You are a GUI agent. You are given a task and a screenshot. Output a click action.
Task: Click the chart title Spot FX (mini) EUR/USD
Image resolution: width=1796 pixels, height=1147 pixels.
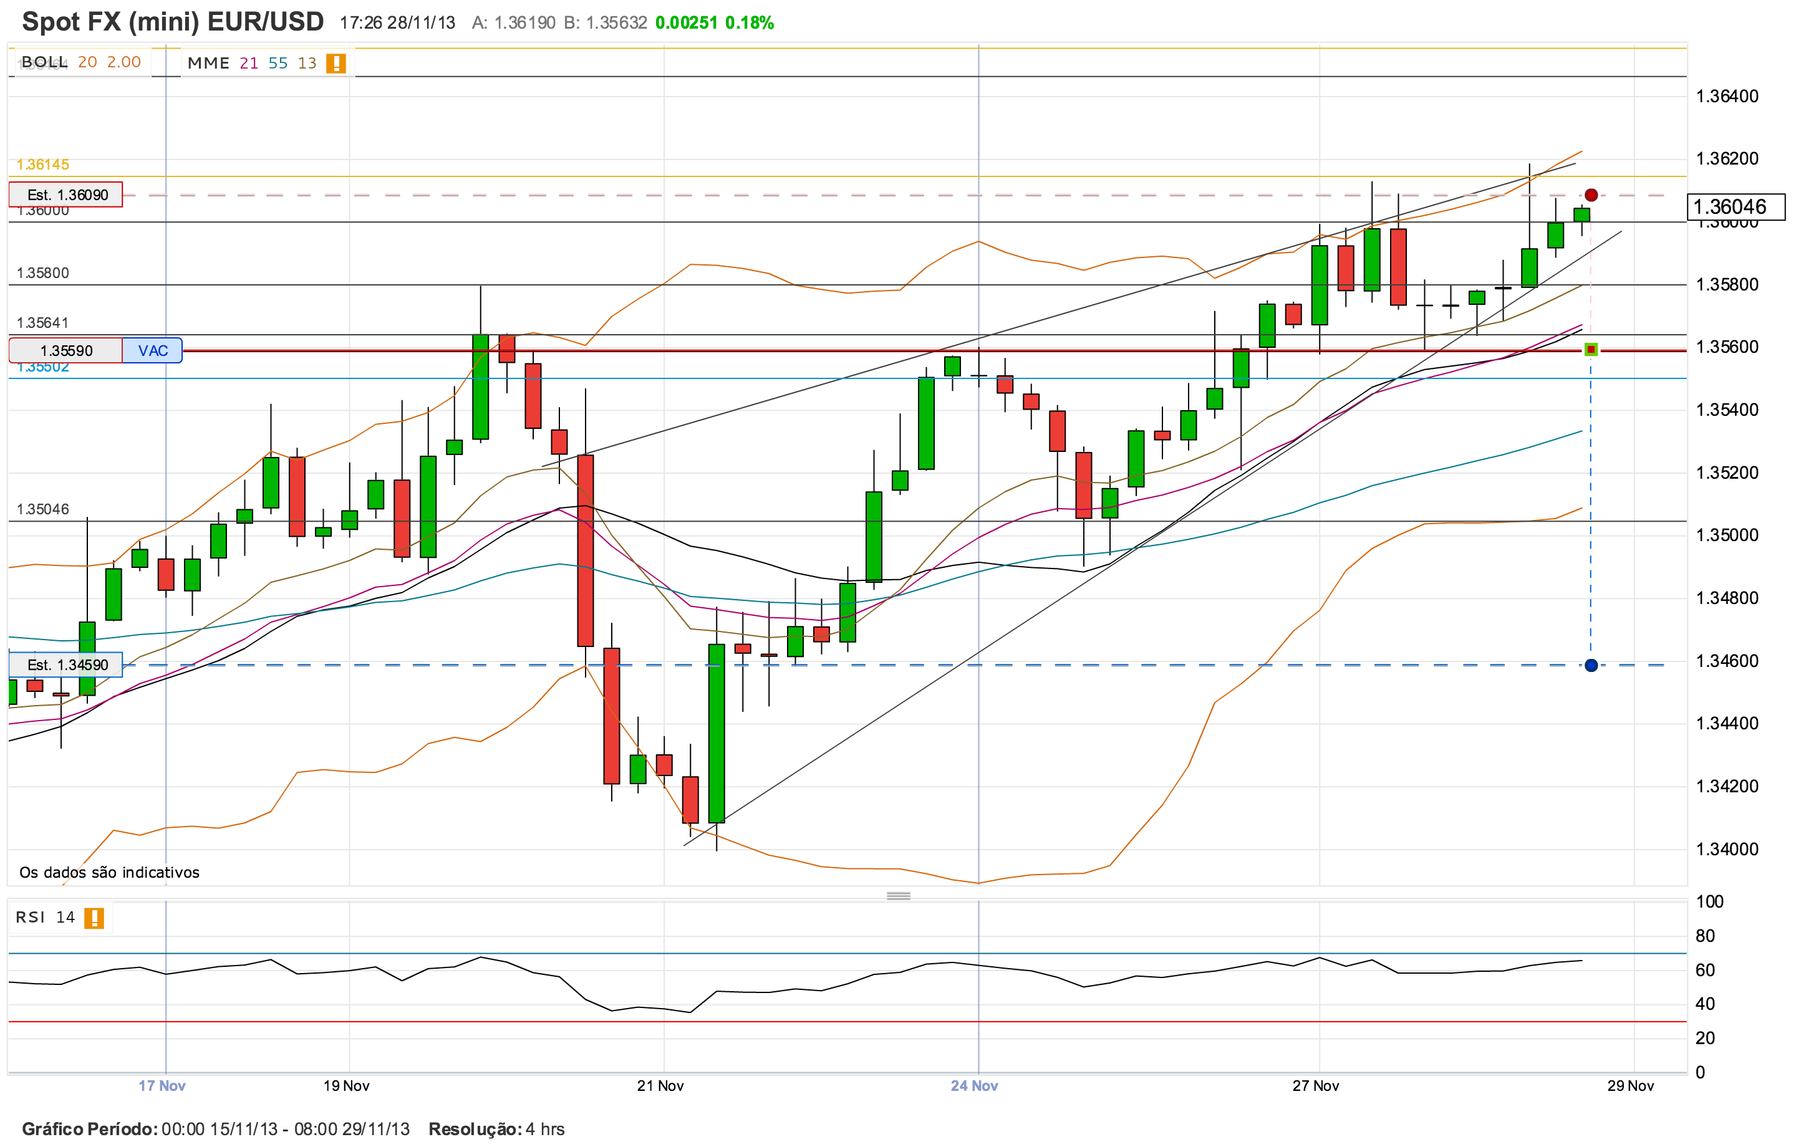click(x=173, y=22)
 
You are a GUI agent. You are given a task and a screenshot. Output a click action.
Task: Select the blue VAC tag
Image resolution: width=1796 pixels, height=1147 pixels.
click(x=152, y=350)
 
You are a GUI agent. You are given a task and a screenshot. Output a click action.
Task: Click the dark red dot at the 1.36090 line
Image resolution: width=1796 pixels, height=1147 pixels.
click(x=1591, y=195)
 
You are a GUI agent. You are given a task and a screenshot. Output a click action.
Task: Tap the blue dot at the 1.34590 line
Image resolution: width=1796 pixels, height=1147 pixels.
click(x=1591, y=665)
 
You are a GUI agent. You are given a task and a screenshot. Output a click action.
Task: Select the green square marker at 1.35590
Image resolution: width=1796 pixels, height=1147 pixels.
click(x=1591, y=350)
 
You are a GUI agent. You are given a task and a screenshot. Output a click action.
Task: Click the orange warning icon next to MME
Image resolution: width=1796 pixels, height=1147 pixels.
click(x=336, y=64)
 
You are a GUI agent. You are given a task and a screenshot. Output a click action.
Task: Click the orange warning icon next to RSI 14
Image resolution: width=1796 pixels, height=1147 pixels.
click(x=94, y=918)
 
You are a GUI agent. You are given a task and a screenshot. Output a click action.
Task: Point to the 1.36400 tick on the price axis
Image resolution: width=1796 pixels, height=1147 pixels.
click(x=1727, y=96)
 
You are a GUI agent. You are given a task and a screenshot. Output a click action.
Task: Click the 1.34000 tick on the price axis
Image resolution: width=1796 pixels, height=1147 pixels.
click(x=1727, y=848)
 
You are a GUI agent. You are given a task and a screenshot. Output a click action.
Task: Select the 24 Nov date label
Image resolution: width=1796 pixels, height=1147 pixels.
click(x=974, y=1086)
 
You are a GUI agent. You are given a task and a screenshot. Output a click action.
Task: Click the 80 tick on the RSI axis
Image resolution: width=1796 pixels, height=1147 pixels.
click(x=1705, y=936)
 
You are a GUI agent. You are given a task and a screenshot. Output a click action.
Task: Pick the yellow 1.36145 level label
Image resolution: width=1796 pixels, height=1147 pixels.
click(x=43, y=164)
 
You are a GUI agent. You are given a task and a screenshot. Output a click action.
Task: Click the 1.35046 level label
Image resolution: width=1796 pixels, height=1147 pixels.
click(x=43, y=509)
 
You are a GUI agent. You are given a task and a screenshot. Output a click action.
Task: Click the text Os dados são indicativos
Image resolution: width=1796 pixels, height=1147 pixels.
click(x=110, y=873)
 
